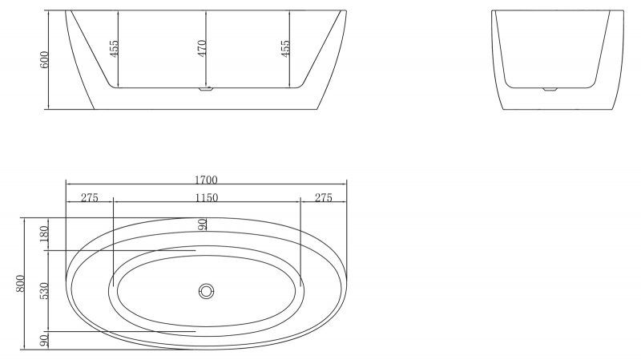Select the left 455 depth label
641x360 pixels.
[115, 48]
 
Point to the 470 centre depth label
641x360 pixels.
[202, 48]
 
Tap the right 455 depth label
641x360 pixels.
[285, 48]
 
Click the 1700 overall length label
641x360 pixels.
[206, 179]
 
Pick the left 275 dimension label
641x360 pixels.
[89, 198]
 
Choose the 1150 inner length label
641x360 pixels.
[206, 198]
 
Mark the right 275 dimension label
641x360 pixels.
[324, 198]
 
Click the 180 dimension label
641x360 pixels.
[44, 235]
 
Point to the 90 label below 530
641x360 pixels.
[44, 341]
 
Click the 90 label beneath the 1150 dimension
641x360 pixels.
[203, 224]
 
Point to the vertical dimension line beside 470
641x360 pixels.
[208, 48]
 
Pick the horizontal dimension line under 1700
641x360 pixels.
[206, 184]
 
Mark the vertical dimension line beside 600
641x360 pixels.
[50, 60]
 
